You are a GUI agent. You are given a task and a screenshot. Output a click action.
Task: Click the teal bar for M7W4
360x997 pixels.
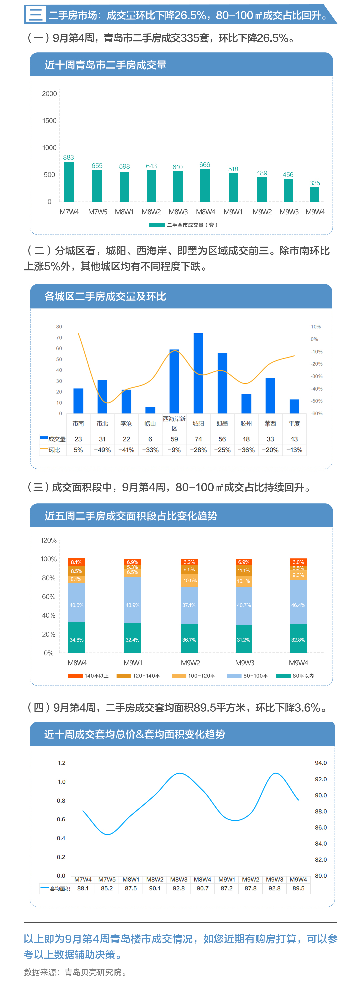pyautogui.click(x=69, y=182)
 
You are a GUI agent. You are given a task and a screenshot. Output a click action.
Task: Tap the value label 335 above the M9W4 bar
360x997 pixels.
pyautogui.click(x=314, y=183)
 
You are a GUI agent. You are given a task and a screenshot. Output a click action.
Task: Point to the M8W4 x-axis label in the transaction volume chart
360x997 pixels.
pyautogui.click(x=205, y=212)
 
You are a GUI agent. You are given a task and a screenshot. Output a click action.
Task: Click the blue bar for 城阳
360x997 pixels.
pyautogui.click(x=198, y=373)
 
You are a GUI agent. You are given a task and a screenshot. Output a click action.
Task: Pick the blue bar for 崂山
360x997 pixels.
pyautogui.click(x=150, y=410)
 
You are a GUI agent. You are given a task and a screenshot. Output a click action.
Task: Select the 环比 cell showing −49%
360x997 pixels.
pyautogui.click(x=102, y=450)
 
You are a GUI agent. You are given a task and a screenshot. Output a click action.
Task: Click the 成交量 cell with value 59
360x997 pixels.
pyautogui.click(x=174, y=439)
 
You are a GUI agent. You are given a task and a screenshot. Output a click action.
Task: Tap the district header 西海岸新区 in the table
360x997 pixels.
pyautogui.click(x=174, y=423)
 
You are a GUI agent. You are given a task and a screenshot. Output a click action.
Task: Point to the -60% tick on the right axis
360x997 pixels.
pyautogui.click(x=316, y=414)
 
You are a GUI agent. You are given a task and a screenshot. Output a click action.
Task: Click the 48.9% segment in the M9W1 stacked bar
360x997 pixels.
pyautogui.click(x=132, y=605)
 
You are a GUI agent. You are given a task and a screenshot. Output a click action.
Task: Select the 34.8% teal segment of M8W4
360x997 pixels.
pyautogui.click(x=76, y=640)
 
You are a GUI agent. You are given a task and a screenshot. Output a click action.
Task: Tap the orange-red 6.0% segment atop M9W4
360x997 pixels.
pyautogui.click(x=298, y=562)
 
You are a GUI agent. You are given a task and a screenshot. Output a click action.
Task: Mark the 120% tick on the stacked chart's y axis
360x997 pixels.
pyautogui.click(x=48, y=540)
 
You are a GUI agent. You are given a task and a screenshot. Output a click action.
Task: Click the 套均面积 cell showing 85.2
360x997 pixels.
pyautogui.click(x=107, y=888)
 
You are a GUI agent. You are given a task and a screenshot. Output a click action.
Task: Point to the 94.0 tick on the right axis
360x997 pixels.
pyautogui.click(x=321, y=763)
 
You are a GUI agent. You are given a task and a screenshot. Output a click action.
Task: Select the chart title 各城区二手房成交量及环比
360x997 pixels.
pyautogui.click(x=105, y=296)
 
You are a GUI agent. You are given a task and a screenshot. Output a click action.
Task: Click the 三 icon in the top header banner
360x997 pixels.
pyautogui.click(x=35, y=15)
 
